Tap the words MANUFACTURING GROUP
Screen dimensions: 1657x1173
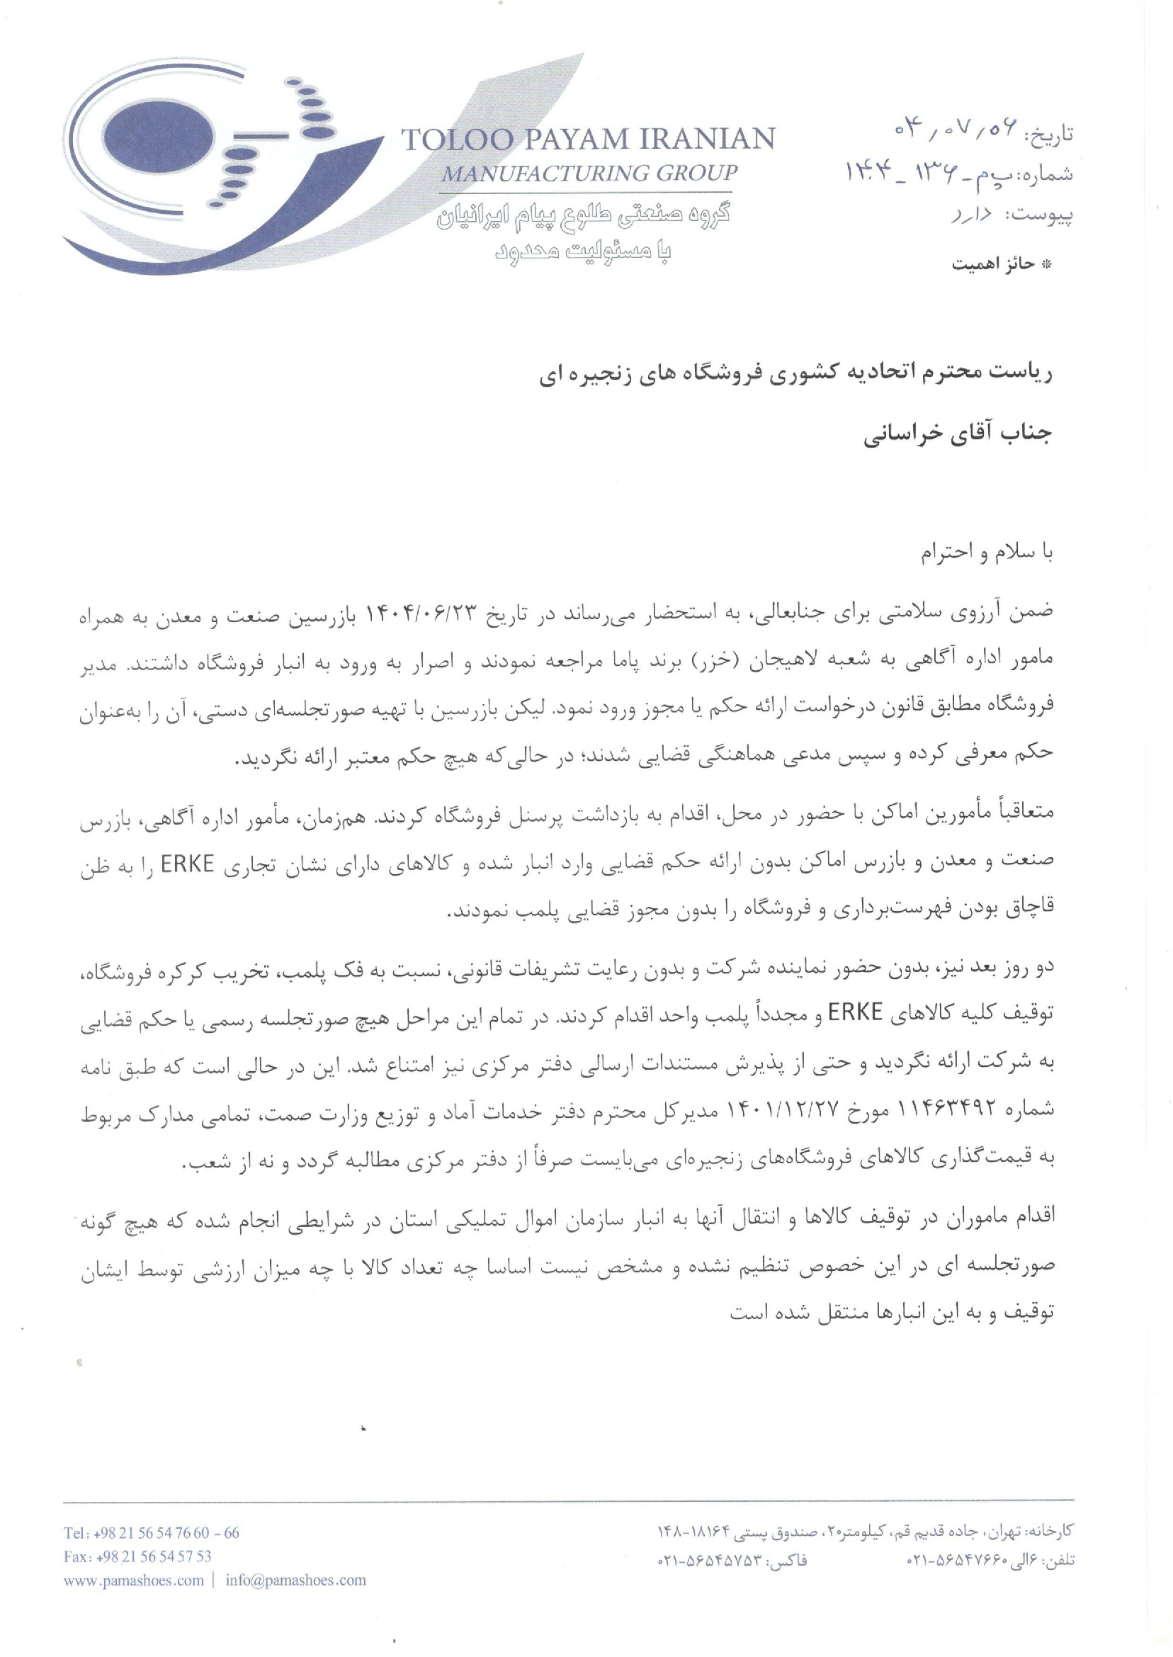589,174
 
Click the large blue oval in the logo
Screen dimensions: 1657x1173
158,137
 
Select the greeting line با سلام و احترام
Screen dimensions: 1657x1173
986,553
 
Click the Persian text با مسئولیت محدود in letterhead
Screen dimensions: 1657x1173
582,250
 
